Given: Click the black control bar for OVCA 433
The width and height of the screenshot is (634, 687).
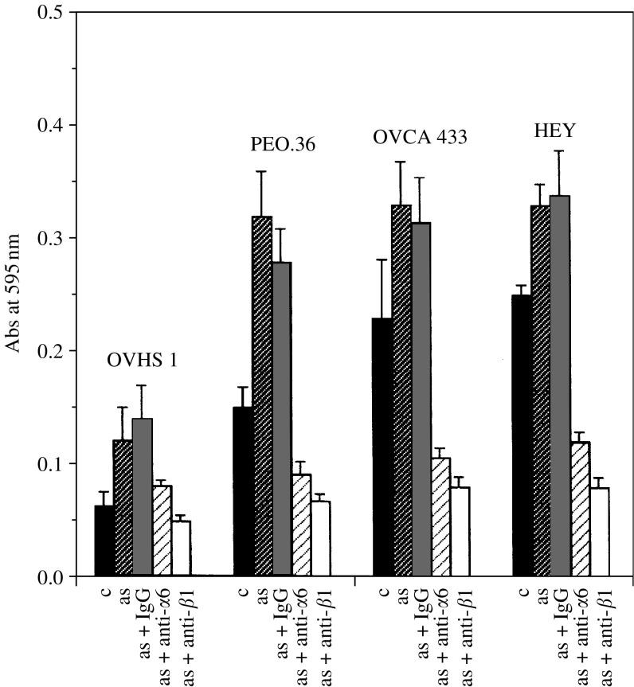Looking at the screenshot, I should pos(382,447).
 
